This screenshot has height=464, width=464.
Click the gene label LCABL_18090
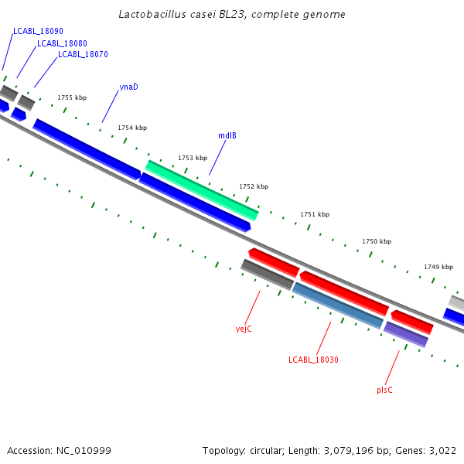[38, 31]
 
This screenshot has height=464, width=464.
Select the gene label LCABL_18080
[62, 43]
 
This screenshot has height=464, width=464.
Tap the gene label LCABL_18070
[83, 55]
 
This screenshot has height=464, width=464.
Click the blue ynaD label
[129, 87]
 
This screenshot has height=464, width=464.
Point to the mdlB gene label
[227, 135]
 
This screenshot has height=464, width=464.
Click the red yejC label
[244, 329]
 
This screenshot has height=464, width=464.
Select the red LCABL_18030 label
[313, 360]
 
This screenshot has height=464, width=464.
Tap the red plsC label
[384, 390]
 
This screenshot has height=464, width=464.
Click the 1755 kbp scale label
[72, 98]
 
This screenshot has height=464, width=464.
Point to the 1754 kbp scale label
[132, 128]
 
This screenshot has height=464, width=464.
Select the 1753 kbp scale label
[193, 158]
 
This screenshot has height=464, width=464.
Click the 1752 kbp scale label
[254, 186]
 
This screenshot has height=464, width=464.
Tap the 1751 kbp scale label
[315, 214]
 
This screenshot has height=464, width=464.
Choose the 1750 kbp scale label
[377, 241]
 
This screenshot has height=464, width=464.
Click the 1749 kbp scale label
[438, 267]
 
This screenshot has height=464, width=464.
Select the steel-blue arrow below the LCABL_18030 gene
[338, 305]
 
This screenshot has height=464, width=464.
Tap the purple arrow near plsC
[406, 334]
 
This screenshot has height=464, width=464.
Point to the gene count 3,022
[443, 450]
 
